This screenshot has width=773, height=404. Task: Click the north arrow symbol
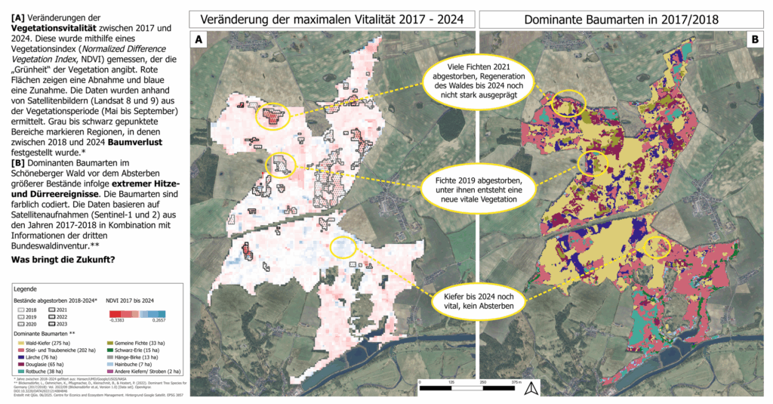point(531,389)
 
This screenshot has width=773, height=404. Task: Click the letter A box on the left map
point(199,41)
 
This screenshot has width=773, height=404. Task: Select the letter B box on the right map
point(754,41)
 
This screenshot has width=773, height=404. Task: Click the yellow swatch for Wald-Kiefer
point(17,343)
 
